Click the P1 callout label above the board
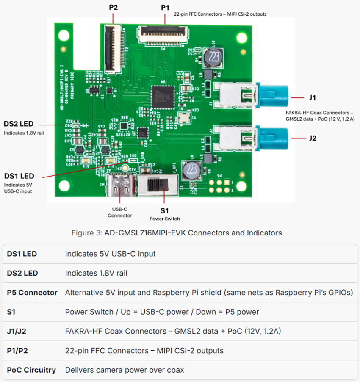click(165, 7)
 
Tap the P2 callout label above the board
click(113, 7)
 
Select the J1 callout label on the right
click(312, 97)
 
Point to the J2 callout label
click(312, 138)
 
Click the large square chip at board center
click(163, 96)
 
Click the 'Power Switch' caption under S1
click(165, 219)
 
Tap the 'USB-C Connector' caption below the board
click(120, 212)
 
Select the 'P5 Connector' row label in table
click(32, 293)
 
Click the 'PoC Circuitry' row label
click(31, 370)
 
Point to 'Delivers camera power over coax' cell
click(125, 370)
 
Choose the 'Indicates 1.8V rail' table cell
click(96, 273)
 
